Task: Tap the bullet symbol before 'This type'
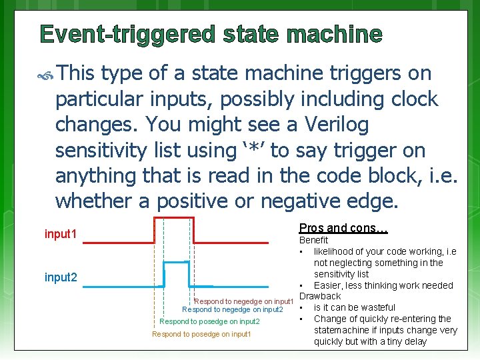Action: [x=46, y=74]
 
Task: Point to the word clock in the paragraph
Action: [x=408, y=99]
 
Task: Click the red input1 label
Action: [x=61, y=235]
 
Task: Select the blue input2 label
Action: [x=61, y=277]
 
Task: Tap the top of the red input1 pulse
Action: [x=173, y=218]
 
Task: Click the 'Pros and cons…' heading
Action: [x=343, y=228]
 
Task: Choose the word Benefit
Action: [x=313, y=240]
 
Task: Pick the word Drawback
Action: [x=319, y=296]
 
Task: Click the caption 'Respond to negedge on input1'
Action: [x=244, y=301]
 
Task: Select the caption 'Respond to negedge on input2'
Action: [x=233, y=309]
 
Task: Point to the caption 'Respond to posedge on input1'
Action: [x=201, y=334]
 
